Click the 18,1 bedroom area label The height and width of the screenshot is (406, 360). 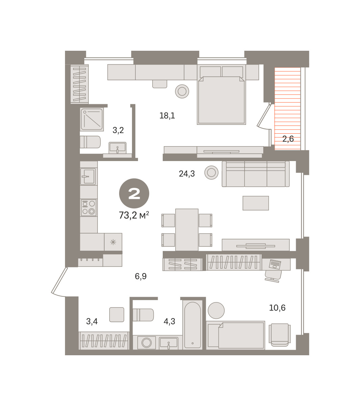167,116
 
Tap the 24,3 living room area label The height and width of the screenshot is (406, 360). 187,174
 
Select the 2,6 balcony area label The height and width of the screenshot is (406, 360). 288,139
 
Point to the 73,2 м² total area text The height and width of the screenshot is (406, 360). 134,215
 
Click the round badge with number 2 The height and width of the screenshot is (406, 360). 134,194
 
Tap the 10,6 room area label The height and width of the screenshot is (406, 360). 277,308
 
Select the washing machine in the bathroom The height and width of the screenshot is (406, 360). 147,343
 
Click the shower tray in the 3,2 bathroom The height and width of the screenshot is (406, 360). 92,119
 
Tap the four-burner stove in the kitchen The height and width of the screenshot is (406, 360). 89,208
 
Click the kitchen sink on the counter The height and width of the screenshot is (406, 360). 88,176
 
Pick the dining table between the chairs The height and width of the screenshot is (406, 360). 187,230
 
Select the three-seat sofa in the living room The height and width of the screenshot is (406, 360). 255,174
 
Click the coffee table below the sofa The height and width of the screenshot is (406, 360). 255,203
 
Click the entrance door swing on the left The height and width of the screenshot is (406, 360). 58,283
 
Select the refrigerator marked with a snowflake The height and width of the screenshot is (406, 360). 113,242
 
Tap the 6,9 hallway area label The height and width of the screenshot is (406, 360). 140,276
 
